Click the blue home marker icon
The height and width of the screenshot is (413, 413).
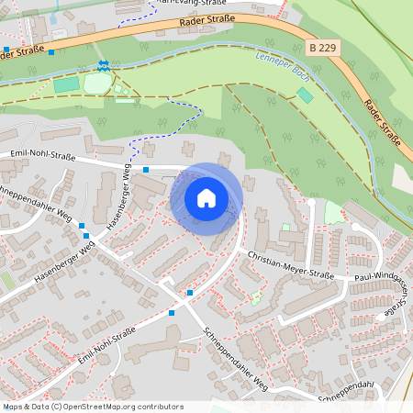coord(206,198)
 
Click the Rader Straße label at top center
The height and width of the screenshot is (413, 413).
coord(208,19)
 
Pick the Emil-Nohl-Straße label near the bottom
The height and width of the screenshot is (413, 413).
coord(106,348)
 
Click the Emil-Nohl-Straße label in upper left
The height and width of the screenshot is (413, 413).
coord(40,155)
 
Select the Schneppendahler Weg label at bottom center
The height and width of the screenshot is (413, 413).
coord(236,358)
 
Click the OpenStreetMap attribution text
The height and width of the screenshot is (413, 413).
coord(93,407)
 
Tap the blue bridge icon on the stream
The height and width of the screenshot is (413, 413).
coord(104,65)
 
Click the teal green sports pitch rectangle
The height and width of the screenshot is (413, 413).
coord(66,85)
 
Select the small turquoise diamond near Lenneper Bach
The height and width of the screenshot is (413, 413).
coord(305,95)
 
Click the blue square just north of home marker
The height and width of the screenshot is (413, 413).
coord(146,170)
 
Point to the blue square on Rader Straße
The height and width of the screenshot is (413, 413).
coord(50,52)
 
